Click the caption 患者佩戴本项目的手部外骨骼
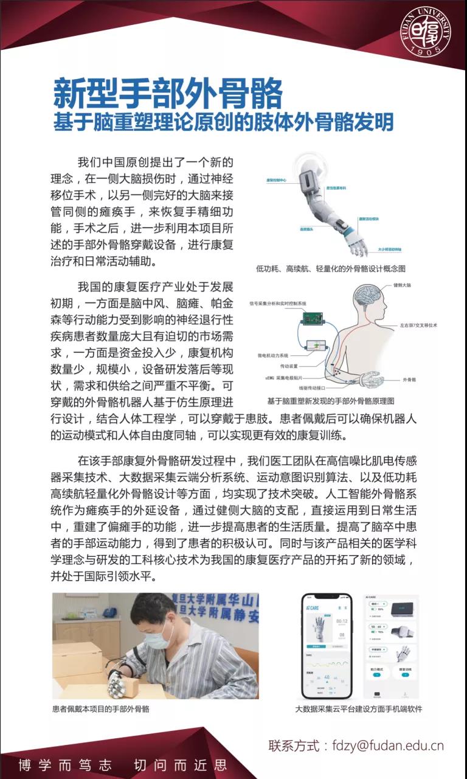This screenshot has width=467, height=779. [x=101, y=709]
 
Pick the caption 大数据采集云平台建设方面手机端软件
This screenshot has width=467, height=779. [x=359, y=709]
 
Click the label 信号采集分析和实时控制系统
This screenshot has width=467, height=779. [x=278, y=303]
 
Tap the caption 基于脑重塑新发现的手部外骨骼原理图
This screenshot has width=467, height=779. [x=331, y=402]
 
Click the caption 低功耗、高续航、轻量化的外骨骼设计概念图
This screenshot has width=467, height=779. [x=331, y=268]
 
